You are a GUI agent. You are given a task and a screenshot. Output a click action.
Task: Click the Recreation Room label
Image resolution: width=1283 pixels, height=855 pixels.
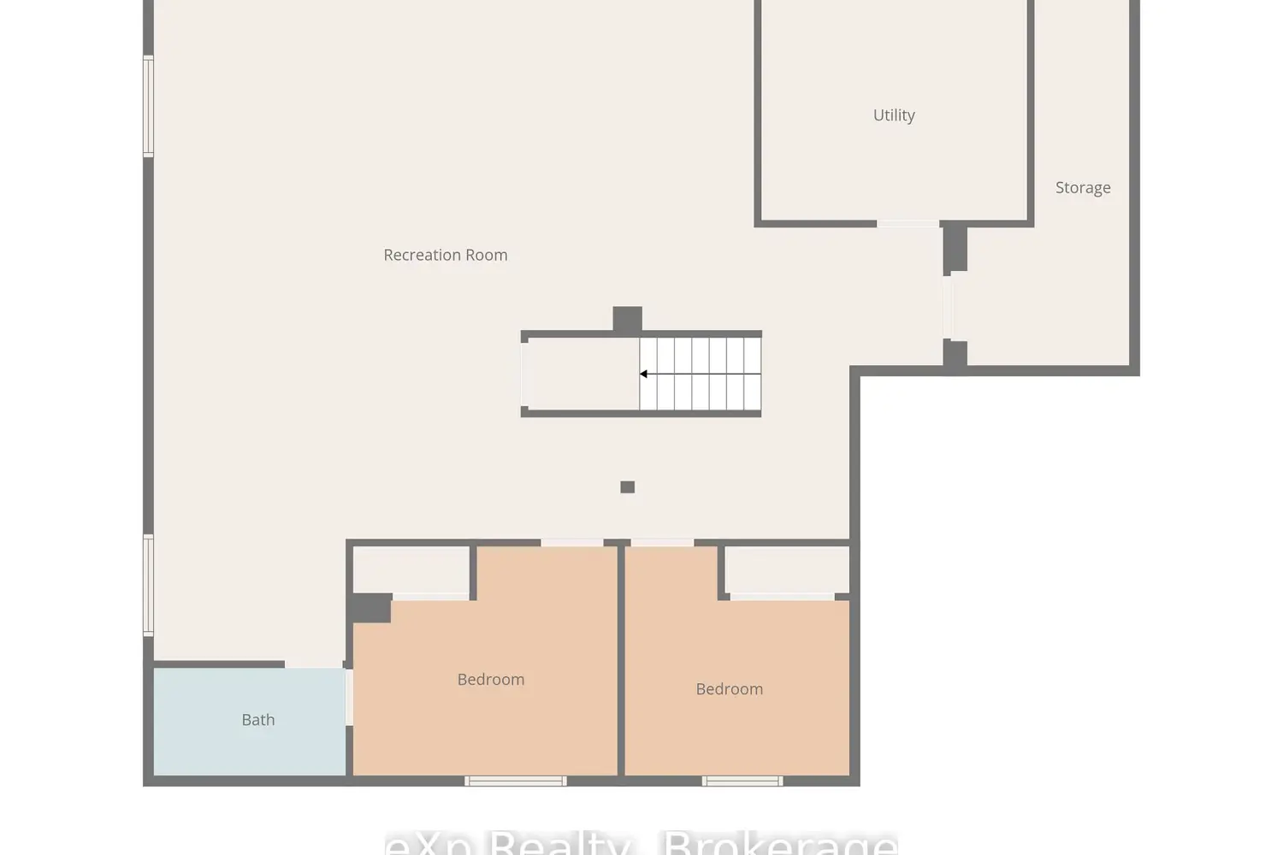(445, 255)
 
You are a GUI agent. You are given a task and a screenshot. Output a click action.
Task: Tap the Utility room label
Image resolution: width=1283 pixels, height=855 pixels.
(894, 115)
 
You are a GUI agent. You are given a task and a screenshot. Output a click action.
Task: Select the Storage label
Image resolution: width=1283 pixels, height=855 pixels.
(1082, 188)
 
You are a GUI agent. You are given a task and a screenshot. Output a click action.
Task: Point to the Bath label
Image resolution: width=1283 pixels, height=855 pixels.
(257, 720)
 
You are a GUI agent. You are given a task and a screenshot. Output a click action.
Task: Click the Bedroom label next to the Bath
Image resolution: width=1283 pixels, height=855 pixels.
(490, 680)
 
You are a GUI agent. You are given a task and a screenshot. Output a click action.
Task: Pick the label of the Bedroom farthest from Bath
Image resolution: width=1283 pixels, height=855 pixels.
(729, 689)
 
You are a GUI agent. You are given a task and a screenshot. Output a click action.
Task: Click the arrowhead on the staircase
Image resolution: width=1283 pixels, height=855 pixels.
(644, 374)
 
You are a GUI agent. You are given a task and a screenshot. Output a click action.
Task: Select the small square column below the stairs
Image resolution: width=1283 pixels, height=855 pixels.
(627, 487)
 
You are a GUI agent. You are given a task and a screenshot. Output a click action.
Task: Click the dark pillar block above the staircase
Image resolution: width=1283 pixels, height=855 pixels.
(627, 319)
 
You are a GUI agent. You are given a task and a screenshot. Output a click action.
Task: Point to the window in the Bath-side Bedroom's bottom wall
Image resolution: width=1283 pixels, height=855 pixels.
(515, 781)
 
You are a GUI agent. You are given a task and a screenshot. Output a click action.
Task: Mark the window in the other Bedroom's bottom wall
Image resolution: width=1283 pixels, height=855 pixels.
(742, 781)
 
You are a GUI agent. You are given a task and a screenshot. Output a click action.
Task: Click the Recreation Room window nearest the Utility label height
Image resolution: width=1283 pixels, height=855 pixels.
(148, 106)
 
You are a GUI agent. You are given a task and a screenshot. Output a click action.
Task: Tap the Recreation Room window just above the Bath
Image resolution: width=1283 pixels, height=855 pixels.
(148, 585)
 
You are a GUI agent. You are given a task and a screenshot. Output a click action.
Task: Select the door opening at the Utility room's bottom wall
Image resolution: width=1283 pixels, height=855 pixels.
(908, 224)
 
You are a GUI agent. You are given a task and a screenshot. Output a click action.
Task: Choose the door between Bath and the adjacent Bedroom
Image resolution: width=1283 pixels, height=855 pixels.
(348, 697)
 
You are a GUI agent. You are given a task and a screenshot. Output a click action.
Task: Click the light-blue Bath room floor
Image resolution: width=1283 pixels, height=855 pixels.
(214, 744)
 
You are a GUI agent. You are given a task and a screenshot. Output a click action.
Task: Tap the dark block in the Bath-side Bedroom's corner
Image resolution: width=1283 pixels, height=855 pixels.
(371, 608)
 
